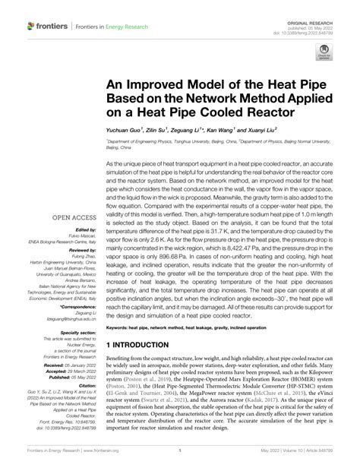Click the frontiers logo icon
tap(32, 26)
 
